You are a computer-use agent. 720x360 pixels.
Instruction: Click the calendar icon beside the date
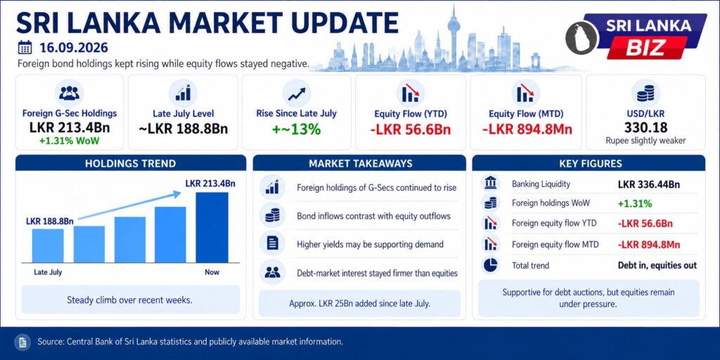25,48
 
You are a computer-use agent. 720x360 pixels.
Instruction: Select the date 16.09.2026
73,48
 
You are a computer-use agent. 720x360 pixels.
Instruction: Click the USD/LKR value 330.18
645,128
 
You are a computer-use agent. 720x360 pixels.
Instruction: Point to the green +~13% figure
296,129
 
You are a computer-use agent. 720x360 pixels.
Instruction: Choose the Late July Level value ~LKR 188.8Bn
183,129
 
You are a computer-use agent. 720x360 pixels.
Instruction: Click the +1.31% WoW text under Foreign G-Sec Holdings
70,141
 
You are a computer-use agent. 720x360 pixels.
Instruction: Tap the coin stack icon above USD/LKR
645,94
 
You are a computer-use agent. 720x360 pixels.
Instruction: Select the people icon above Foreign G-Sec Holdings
70,94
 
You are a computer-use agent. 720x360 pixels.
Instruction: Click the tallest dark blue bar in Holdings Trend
212,227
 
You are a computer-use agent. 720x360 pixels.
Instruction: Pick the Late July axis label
48,272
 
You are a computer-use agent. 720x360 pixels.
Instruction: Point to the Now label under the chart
212,272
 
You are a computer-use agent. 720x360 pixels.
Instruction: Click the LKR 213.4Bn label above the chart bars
210,184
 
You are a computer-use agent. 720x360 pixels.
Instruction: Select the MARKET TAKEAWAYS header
360,163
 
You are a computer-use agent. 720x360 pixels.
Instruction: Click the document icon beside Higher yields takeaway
272,244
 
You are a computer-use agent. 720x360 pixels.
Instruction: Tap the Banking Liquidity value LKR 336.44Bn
649,185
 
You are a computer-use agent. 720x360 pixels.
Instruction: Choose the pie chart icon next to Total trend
490,265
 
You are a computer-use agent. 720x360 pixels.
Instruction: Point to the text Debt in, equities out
657,265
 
